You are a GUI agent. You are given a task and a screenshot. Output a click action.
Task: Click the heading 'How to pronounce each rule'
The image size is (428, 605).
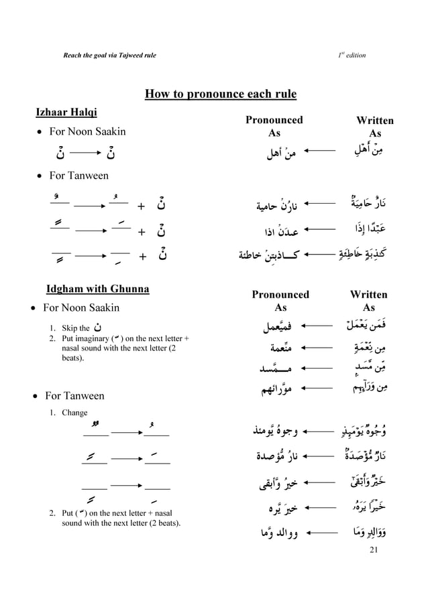pyautogui.click(x=221, y=92)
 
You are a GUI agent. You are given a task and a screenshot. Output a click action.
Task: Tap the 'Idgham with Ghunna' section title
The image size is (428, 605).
pyautogui.click(x=97, y=289)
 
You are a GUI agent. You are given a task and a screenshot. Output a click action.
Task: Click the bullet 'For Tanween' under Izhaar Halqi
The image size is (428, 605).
pyautogui.click(x=83, y=176)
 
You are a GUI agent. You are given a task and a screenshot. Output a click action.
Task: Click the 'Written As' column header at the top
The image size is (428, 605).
pyautogui.click(x=374, y=127)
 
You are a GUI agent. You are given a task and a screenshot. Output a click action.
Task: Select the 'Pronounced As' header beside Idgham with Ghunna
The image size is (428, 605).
pyautogui.click(x=280, y=301)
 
